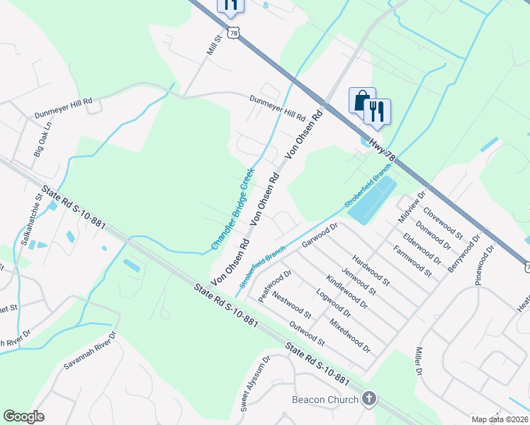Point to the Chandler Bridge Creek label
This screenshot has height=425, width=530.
coord(233,208)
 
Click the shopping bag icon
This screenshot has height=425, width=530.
coord(361,101)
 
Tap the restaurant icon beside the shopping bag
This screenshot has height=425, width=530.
coord(377,111)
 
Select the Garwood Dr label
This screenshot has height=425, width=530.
coord(321,236)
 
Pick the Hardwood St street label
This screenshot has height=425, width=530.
coord(370,271)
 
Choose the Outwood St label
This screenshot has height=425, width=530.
coord(307,334)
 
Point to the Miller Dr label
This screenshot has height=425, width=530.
coord(418,362)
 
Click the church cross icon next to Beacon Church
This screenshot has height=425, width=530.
coord(368,399)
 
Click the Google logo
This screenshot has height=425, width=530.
coord(23,416)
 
